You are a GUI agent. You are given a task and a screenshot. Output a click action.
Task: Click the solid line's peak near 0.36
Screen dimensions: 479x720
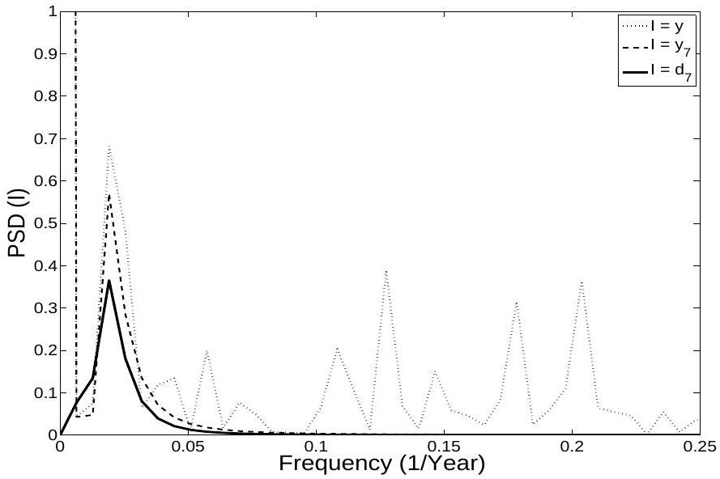(x=109, y=281)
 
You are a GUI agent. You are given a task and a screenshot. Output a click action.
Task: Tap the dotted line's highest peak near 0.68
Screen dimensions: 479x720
(x=109, y=146)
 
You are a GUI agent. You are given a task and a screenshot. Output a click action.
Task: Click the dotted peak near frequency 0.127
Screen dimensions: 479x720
(x=386, y=270)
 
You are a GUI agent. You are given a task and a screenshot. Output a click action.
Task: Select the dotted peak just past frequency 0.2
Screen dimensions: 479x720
(x=582, y=282)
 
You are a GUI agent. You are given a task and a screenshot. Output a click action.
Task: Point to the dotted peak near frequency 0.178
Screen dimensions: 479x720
(x=516, y=302)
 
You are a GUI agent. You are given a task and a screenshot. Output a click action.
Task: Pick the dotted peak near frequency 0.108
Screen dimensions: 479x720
(x=336, y=348)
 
